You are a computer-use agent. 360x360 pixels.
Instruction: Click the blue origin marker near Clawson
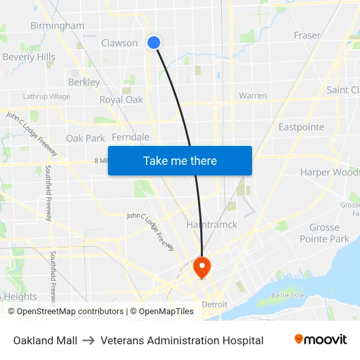tap(154, 43)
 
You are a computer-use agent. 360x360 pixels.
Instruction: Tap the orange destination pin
tap(202, 266)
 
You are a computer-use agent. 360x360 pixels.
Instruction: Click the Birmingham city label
tap(58, 26)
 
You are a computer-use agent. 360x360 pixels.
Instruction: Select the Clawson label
tap(119, 43)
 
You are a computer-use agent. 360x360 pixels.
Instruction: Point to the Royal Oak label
tap(121, 100)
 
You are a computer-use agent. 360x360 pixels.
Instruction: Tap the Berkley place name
tap(84, 82)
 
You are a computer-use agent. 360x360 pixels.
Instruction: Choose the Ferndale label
tap(131, 137)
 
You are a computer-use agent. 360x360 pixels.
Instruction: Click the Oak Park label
tap(85, 139)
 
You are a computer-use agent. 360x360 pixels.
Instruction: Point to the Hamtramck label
tap(211, 225)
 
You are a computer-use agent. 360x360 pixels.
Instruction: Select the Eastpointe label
tap(301, 127)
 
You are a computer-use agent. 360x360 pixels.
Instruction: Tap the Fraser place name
tap(307, 35)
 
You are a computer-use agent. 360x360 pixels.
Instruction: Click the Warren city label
tap(253, 96)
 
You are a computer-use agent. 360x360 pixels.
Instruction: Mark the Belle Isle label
tap(288, 295)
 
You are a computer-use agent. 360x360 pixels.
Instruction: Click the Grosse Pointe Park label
tap(325, 233)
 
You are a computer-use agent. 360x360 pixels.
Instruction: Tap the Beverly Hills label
tap(29, 57)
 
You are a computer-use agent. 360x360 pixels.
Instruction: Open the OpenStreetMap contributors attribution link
tap(70, 312)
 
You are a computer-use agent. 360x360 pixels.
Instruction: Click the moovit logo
tap(320, 340)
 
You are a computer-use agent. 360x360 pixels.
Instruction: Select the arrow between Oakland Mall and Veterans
tap(89, 340)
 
